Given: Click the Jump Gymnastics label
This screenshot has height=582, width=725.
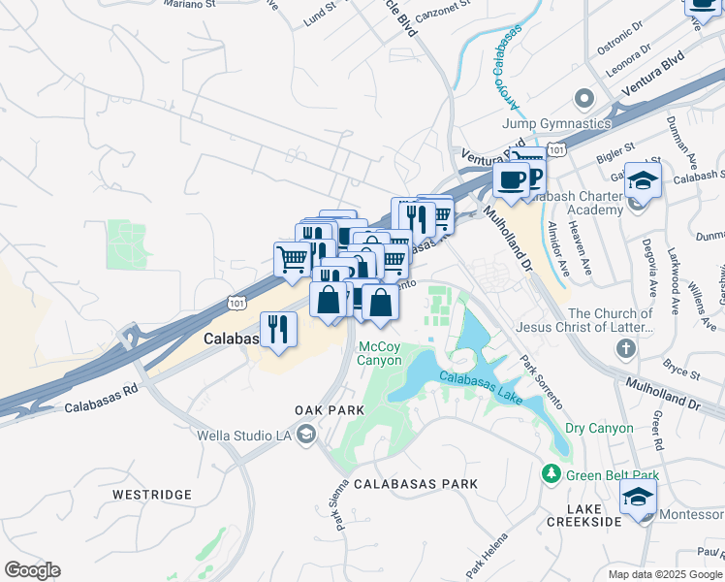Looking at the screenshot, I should click(x=556, y=123).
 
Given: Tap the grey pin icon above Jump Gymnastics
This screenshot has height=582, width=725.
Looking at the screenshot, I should click(x=583, y=99).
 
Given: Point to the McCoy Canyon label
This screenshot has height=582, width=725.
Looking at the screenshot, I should click(x=380, y=353).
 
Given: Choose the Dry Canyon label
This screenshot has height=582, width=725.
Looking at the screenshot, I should click(x=599, y=428).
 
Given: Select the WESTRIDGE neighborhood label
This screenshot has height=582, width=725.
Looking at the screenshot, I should click(x=152, y=495).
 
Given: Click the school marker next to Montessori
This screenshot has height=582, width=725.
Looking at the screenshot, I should click(x=637, y=498).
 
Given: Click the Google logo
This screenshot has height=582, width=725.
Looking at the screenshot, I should click(x=32, y=570).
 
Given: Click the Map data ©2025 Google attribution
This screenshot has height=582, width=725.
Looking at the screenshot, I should click(x=664, y=574).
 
